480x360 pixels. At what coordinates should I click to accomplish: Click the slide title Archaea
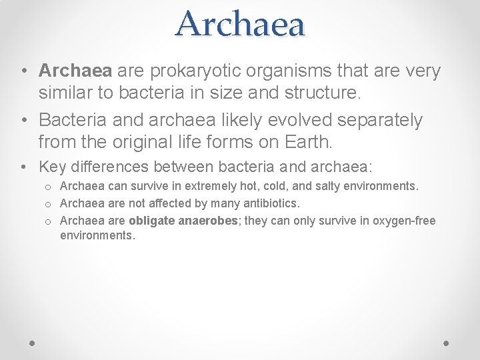[240, 24]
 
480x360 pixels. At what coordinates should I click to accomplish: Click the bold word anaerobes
[209, 220]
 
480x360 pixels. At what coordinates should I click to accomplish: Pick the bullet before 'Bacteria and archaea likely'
[23, 121]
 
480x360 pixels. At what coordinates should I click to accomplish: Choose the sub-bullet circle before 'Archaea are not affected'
[49, 203]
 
